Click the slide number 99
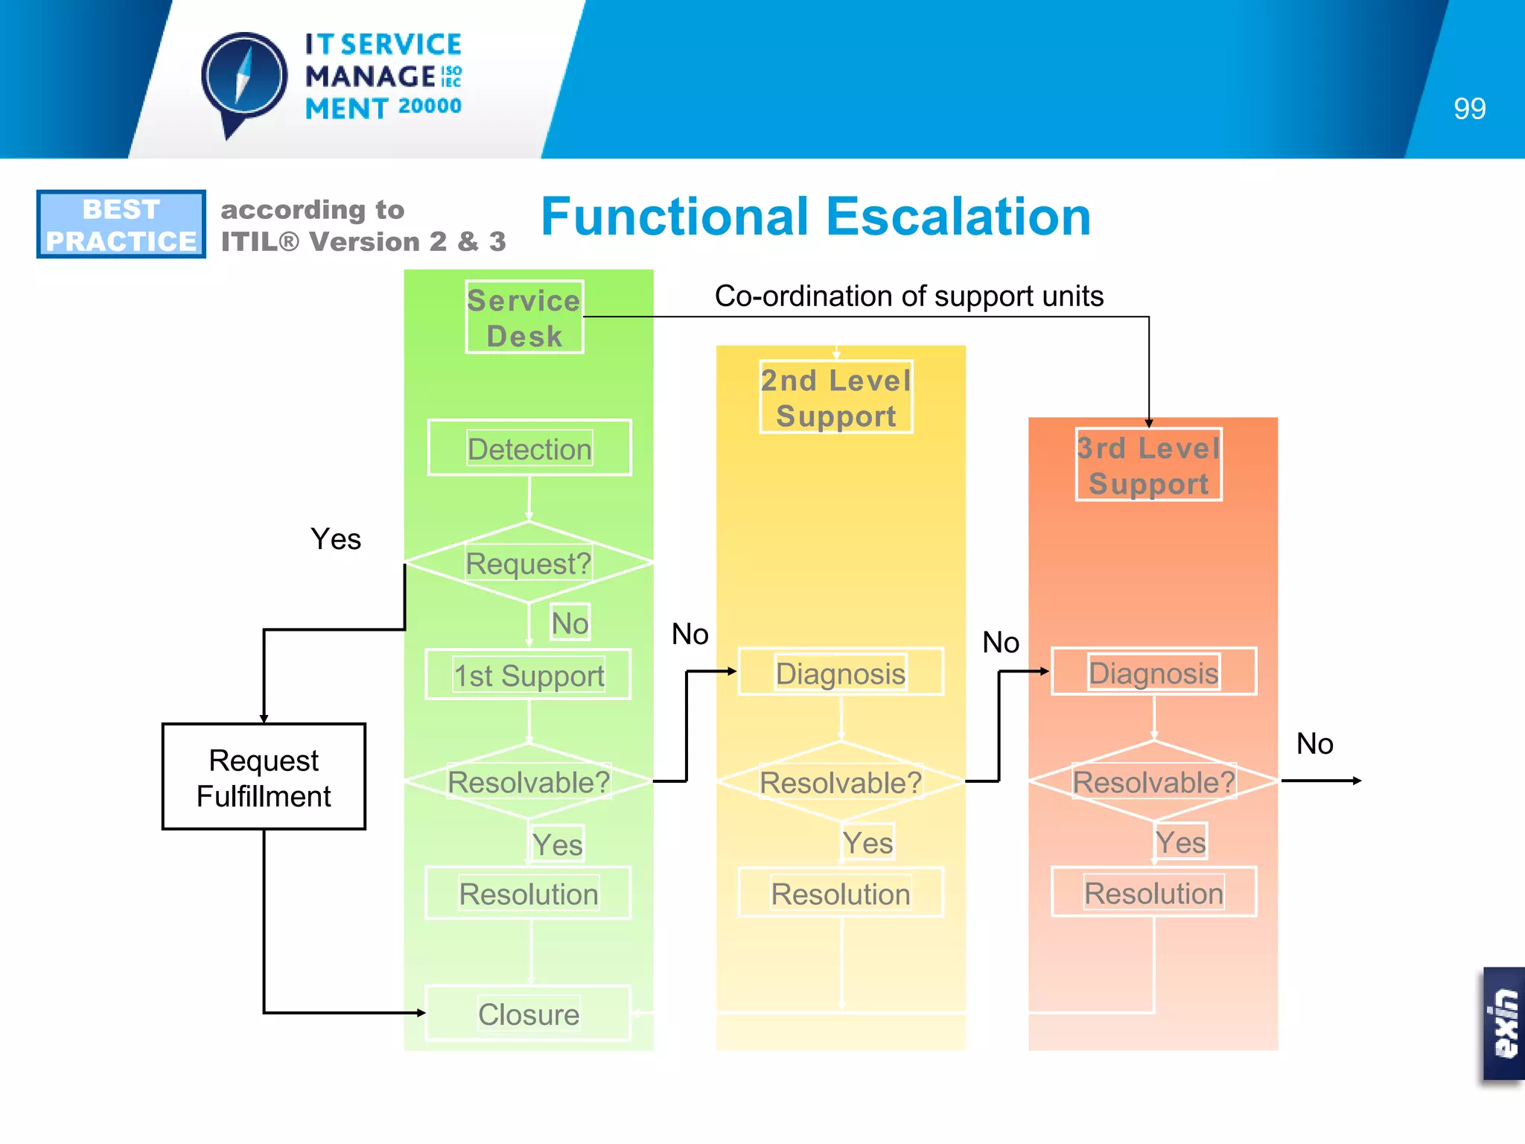[x=1469, y=109]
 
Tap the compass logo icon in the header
[x=243, y=79]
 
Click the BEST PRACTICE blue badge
[x=121, y=224]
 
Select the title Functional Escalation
[x=815, y=217]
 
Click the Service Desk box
[x=524, y=317]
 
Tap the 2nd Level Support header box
[x=835, y=398]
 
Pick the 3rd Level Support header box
[x=1148, y=465]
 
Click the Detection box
[x=529, y=448]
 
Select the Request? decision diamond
[x=529, y=563]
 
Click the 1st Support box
[x=529, y=675]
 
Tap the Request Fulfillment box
[x=264, y=778]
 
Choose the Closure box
[x=529, y=1014]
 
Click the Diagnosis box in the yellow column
[x=841, y=673]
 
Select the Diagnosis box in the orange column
[x=1153, y=672]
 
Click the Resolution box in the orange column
[x=1153, y=892]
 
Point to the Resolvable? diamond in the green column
[x=529, y=782]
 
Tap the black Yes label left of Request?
[x=336, y=538]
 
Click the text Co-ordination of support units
[x=908, y=296]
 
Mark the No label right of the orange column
[x=1314, y=743]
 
